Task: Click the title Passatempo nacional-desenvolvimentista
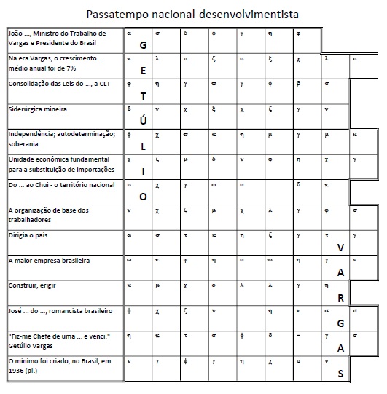[x=192, y=14]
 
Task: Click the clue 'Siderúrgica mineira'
[x=38, y=109]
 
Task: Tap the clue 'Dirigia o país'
[x=31, y=236]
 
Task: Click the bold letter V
[x=340, y=248]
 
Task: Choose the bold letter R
[x=340, y=298]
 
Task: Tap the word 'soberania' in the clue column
[x=25, y=144]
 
